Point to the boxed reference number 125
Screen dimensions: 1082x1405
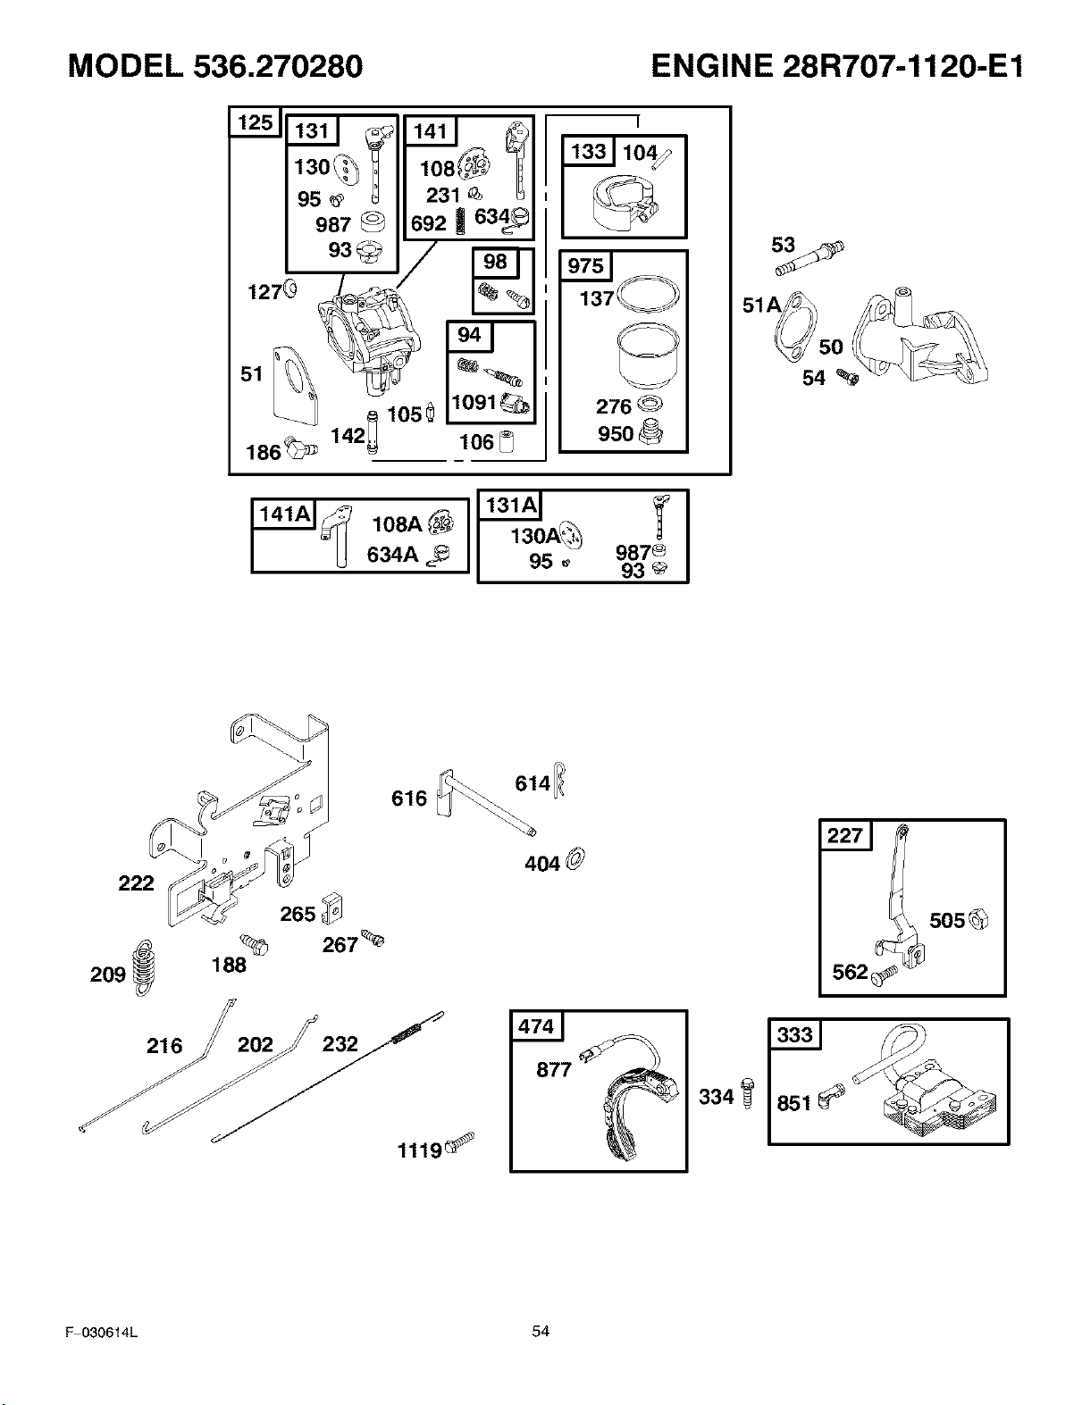[x=255, y=122]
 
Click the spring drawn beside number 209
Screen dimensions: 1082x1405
[x=144, y=968]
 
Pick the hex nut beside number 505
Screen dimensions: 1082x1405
[x=978, y=919]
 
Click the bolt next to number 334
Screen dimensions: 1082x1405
[x=747, y=1092]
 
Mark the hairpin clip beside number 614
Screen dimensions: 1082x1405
[x=558, y=780]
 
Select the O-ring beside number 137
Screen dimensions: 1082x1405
[x=649, y=294]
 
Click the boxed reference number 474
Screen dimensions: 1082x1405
[x=536, y=1026]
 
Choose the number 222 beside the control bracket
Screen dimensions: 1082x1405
[x=136, y=882]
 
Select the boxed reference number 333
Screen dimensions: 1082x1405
[x=794, y=1034]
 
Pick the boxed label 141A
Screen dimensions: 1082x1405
[x=283, y=514]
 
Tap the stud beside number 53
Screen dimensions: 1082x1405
[x=809, y=258]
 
